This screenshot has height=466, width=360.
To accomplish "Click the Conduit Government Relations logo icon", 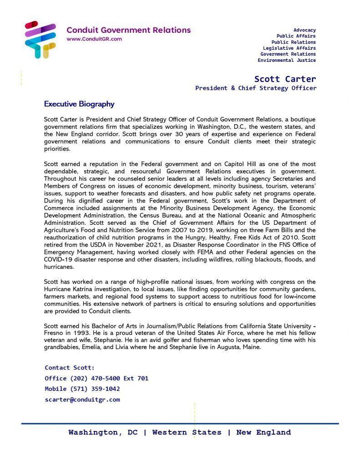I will [x=40, y=40].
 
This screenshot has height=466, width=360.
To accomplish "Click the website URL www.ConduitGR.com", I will [x=94, y=39].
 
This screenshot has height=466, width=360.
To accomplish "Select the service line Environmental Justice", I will [x=287, y=60].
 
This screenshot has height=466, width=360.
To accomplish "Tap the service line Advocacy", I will [x=304, y=30].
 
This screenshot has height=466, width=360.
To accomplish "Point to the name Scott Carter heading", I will [x=285, y=79].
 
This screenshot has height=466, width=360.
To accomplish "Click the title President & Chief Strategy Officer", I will [x=255, y=88].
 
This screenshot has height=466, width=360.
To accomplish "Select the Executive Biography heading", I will [x=79, y=104].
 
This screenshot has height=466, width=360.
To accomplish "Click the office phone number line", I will [x=96, y=379].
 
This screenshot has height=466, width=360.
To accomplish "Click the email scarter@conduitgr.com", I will [x=82, y=400].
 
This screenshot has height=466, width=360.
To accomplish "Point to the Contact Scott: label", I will [x=70, y=368].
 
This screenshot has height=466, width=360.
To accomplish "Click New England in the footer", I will [x=264, y=432].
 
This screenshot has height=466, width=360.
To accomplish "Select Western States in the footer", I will [x=187, y=432].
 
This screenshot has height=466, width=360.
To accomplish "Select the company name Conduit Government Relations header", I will [x=129, y=30].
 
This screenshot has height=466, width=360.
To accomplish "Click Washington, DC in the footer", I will [x=103, y=432].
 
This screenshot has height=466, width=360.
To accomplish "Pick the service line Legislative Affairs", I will [x=289, y=48].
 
